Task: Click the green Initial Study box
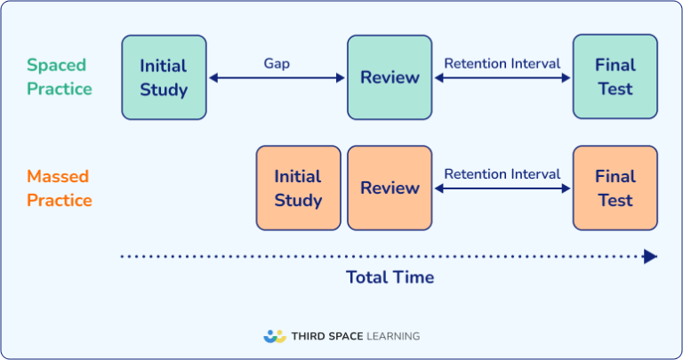pyautogui.click(x=164, y=77)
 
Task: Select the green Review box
pyautogui.click(x=390, y=77)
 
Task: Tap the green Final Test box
pyautogui.click(x=615, y=77)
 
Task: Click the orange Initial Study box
pyautogui.click(x=298, y=188)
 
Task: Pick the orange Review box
pyautogui.click(x=390, y=188)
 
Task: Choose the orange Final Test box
pyautogui.click(x=615, y=188)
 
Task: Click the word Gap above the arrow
pyautogui.click(x=277, y=63)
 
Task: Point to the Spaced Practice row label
pyautogui.click(x=60, y=77)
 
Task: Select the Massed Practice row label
pyautogui.click(x=60, y=188)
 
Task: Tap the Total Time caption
pyautogui.click(x=390, y=277)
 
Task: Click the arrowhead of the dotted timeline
pyautogui.click(x=651, y=257)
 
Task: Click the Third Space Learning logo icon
pyautogui.click(x=275, y=336)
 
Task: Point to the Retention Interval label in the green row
pyautogui.click(x=502, y=63)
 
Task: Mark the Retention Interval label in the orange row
pyautogui.click(x=502, y=174)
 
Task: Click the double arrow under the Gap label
pyautogui.click(x=277, y=78)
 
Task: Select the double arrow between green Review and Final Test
pyautogui.click(x=502, y=78)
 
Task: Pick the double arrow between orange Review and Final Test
pyautogui.click(x=502, y=188)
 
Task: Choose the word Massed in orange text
pyautogui.click(x=58, y=176)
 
